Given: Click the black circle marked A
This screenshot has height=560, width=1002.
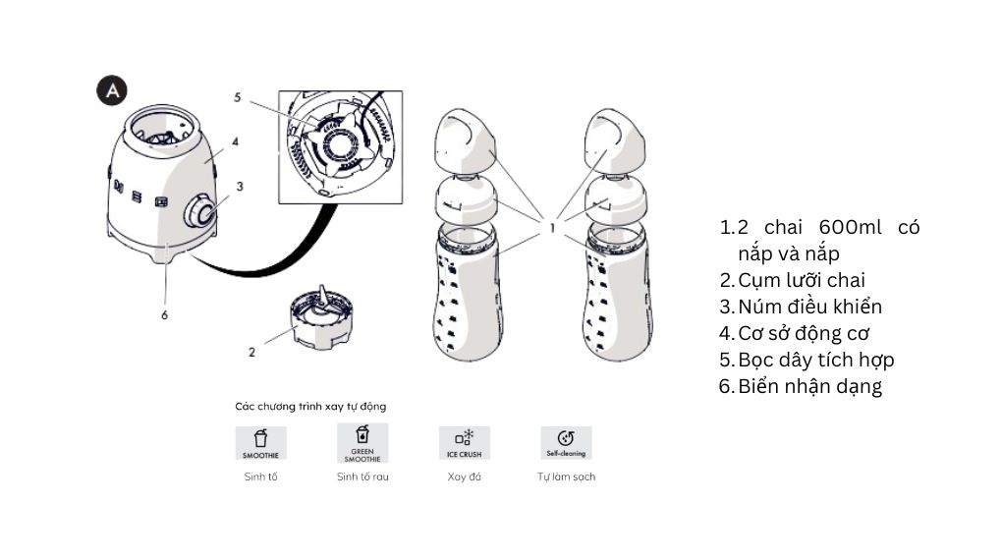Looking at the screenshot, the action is click(112, 90).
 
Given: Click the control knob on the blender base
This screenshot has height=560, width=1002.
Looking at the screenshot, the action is click(201, 211).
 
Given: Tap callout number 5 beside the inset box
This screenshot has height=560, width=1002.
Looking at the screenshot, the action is click(237, 98).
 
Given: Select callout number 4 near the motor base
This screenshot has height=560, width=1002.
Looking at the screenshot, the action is click(235, 141).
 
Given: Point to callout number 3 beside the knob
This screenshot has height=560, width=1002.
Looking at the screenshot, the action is click(240, 187).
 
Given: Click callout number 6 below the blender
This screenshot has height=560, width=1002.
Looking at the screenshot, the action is click(164, 315).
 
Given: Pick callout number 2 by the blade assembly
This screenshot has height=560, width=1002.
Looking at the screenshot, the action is click(251, 353).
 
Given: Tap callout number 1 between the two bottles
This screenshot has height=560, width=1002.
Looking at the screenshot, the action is click(552, 228).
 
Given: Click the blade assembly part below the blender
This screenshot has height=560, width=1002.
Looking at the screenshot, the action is click(322, 320).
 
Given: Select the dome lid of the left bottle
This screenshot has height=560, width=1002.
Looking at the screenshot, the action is click(466, 141).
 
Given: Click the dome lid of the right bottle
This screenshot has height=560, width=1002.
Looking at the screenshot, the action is click(615, 141).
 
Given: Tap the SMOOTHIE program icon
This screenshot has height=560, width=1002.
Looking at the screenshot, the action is click(260, 443).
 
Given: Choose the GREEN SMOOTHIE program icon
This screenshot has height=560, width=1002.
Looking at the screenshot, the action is click(362, 443).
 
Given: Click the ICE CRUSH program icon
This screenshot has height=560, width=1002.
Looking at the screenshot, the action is click(465, 443).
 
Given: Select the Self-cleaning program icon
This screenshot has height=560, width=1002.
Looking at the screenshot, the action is click(566, 443).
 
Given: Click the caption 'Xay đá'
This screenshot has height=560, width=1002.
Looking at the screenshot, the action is click(465, 476).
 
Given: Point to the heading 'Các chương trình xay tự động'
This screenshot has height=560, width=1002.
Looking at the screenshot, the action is click(310, 407).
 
